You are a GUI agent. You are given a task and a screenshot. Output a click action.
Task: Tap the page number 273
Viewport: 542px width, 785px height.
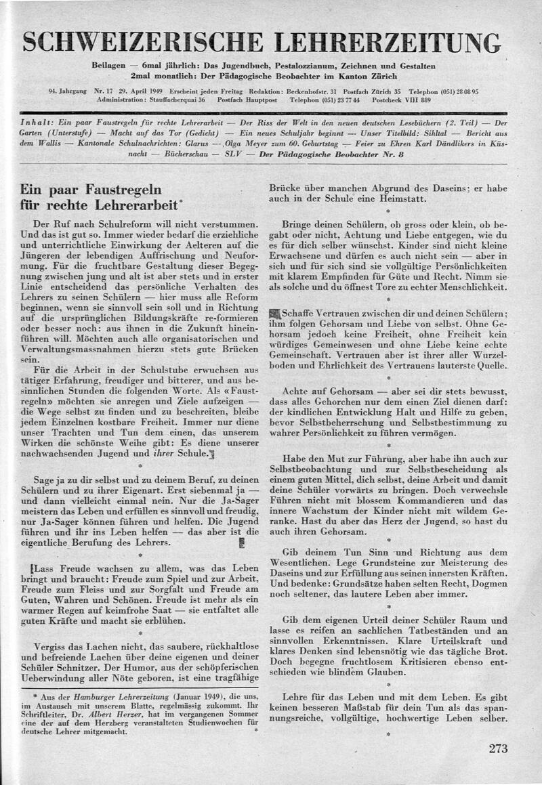coord(498,749)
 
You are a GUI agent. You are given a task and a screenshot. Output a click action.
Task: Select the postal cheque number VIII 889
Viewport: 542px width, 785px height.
coord(420,100)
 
